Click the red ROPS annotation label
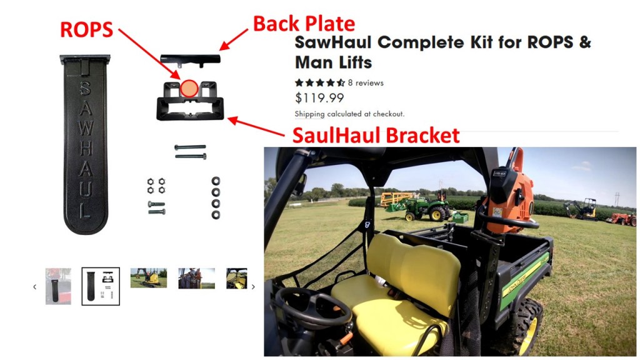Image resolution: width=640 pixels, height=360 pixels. pos(86,29)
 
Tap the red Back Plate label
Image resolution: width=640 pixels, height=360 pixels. pos(304,23)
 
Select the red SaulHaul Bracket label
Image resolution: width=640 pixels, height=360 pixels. pos(376,135)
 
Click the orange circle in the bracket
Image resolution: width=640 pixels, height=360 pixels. pos(189,88)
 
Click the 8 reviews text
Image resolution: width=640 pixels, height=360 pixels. pos(366,83)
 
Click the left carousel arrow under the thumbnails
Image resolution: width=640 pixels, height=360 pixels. pos(35,287)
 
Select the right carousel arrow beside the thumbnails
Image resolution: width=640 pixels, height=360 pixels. pos(253,287)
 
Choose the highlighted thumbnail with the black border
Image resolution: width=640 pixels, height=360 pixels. pos(101,286)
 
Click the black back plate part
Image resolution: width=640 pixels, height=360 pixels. pos(190,60)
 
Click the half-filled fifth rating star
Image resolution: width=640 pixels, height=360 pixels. pos(341,83)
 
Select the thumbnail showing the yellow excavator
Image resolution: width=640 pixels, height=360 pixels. pos(149,278)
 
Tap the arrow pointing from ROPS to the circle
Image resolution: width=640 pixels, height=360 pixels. pos(149,54)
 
